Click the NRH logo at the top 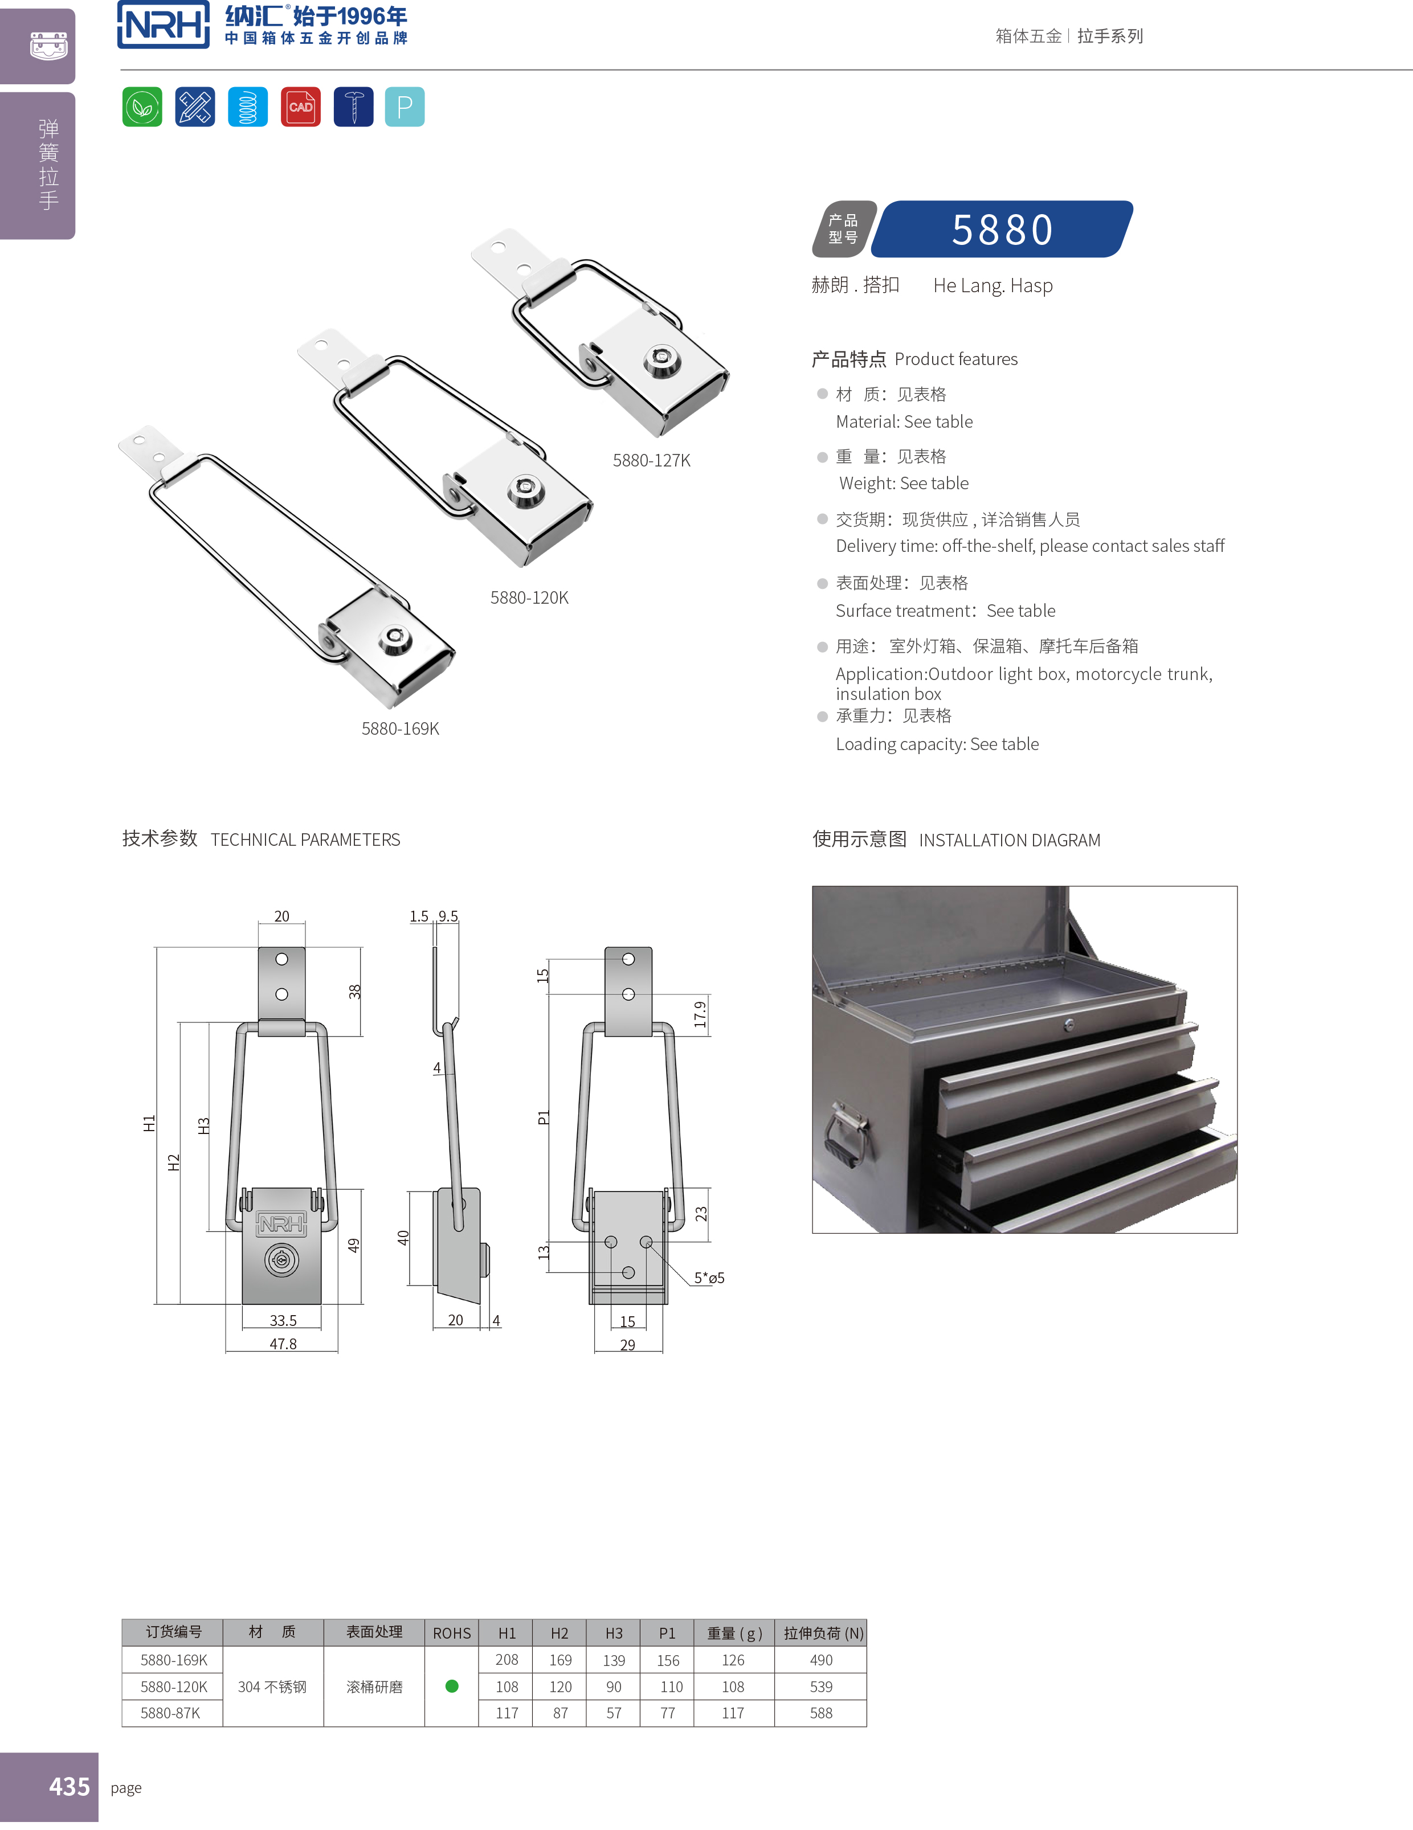[164, 25]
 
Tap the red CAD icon [300, 107]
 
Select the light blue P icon [405, 107]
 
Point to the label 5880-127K [651, 461]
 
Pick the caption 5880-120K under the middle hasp [529, 598]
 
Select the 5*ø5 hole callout [709, 1278]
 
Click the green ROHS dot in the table [452, 1686]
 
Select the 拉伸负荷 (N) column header [822, 1633]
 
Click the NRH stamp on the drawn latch [281, 1224]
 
